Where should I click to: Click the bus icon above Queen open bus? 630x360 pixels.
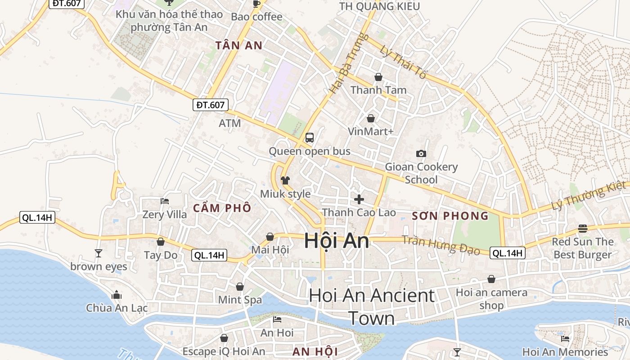pos(309,138)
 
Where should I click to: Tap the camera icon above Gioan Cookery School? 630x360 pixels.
pos(421,154)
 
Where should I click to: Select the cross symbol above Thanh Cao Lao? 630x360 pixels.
pos(359,199)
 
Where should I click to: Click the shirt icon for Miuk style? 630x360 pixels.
pos(285,180)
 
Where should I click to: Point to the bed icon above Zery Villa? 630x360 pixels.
pos(165,201)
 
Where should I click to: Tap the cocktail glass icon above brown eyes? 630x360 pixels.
pos(99,253)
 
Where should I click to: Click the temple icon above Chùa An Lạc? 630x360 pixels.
pos(117,295)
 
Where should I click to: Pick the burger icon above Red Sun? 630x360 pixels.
pos(583,229)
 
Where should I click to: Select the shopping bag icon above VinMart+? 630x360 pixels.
pos(371,118)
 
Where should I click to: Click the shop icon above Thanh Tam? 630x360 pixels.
pos(378,77)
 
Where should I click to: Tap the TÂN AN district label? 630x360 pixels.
pos(238,45)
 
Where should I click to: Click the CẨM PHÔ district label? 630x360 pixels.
pos(222,208)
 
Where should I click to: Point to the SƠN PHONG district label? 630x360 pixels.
pos(450,216)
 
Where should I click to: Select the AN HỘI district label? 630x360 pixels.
pos(315,351)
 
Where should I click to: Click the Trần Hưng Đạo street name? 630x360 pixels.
pos(441,245)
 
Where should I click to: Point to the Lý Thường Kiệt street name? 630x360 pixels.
pos(589,196)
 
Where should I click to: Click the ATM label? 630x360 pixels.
pos(230,123)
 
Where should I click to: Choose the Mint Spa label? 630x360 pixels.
pos(240,300)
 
